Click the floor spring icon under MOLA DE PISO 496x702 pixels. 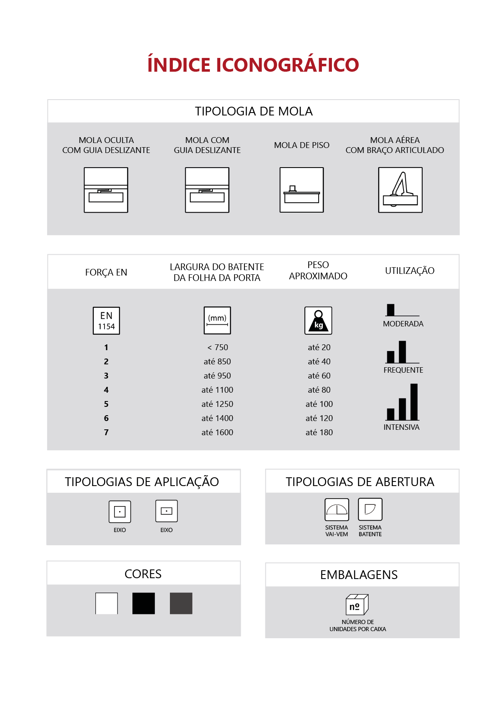point(301,190)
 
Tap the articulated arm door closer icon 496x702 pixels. point(400,190)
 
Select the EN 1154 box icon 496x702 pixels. point(106,321)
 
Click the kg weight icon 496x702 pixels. point(318,321)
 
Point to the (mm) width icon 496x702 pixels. point(217,321)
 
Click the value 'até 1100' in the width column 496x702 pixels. point(217,390)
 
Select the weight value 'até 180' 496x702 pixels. point(319,432)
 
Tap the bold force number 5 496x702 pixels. point(106,404)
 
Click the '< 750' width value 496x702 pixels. point(218,347)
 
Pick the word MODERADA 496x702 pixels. point(403,324)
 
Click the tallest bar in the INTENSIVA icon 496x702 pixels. point(414,402)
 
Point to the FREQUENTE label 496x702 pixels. point(403,370)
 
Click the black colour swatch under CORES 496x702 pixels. point(143,603)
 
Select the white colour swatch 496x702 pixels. point(107,603)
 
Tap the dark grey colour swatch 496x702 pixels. point(181,603)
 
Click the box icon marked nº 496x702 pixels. point(357,604)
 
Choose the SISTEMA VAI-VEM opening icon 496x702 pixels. point(336,510)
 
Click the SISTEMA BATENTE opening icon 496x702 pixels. point(370,509)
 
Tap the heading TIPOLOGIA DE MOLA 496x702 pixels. point(254,111)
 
